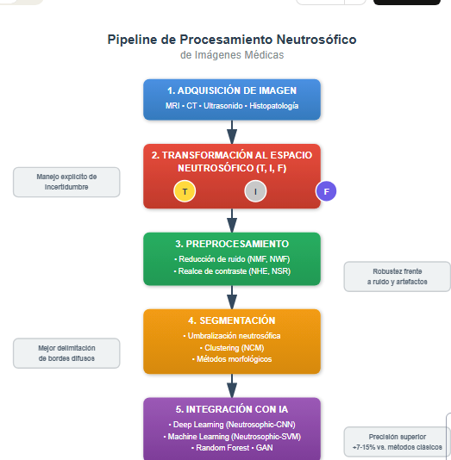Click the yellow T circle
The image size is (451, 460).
(185, 191)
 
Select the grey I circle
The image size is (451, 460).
(255, 191)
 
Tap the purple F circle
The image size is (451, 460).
(326, 191)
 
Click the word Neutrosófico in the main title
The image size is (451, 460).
(316, 40)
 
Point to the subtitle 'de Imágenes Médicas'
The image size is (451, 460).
(232, 55)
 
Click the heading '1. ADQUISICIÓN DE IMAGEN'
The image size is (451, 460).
(232, 90)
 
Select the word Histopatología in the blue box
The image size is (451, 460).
(273, 106)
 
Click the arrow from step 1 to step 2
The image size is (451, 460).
(232, 132)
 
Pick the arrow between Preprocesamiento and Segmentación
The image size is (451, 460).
(232, 297)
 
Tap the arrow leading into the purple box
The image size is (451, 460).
(232, 386)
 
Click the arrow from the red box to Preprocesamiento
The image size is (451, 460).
(232, 221)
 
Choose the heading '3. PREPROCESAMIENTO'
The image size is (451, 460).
(232, 244)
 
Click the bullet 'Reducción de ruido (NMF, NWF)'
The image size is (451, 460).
(232, 259)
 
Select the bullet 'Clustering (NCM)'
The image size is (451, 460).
(232, 348)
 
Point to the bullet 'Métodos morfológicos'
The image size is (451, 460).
(232, 359)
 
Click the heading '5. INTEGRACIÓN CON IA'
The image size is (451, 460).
(232, 409)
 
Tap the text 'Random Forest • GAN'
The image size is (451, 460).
(232, 448)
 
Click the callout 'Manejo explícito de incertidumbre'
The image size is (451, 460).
(66, 182)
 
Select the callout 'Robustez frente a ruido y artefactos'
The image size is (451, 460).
(398, 277)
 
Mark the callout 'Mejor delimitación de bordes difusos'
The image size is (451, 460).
(66, 353)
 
